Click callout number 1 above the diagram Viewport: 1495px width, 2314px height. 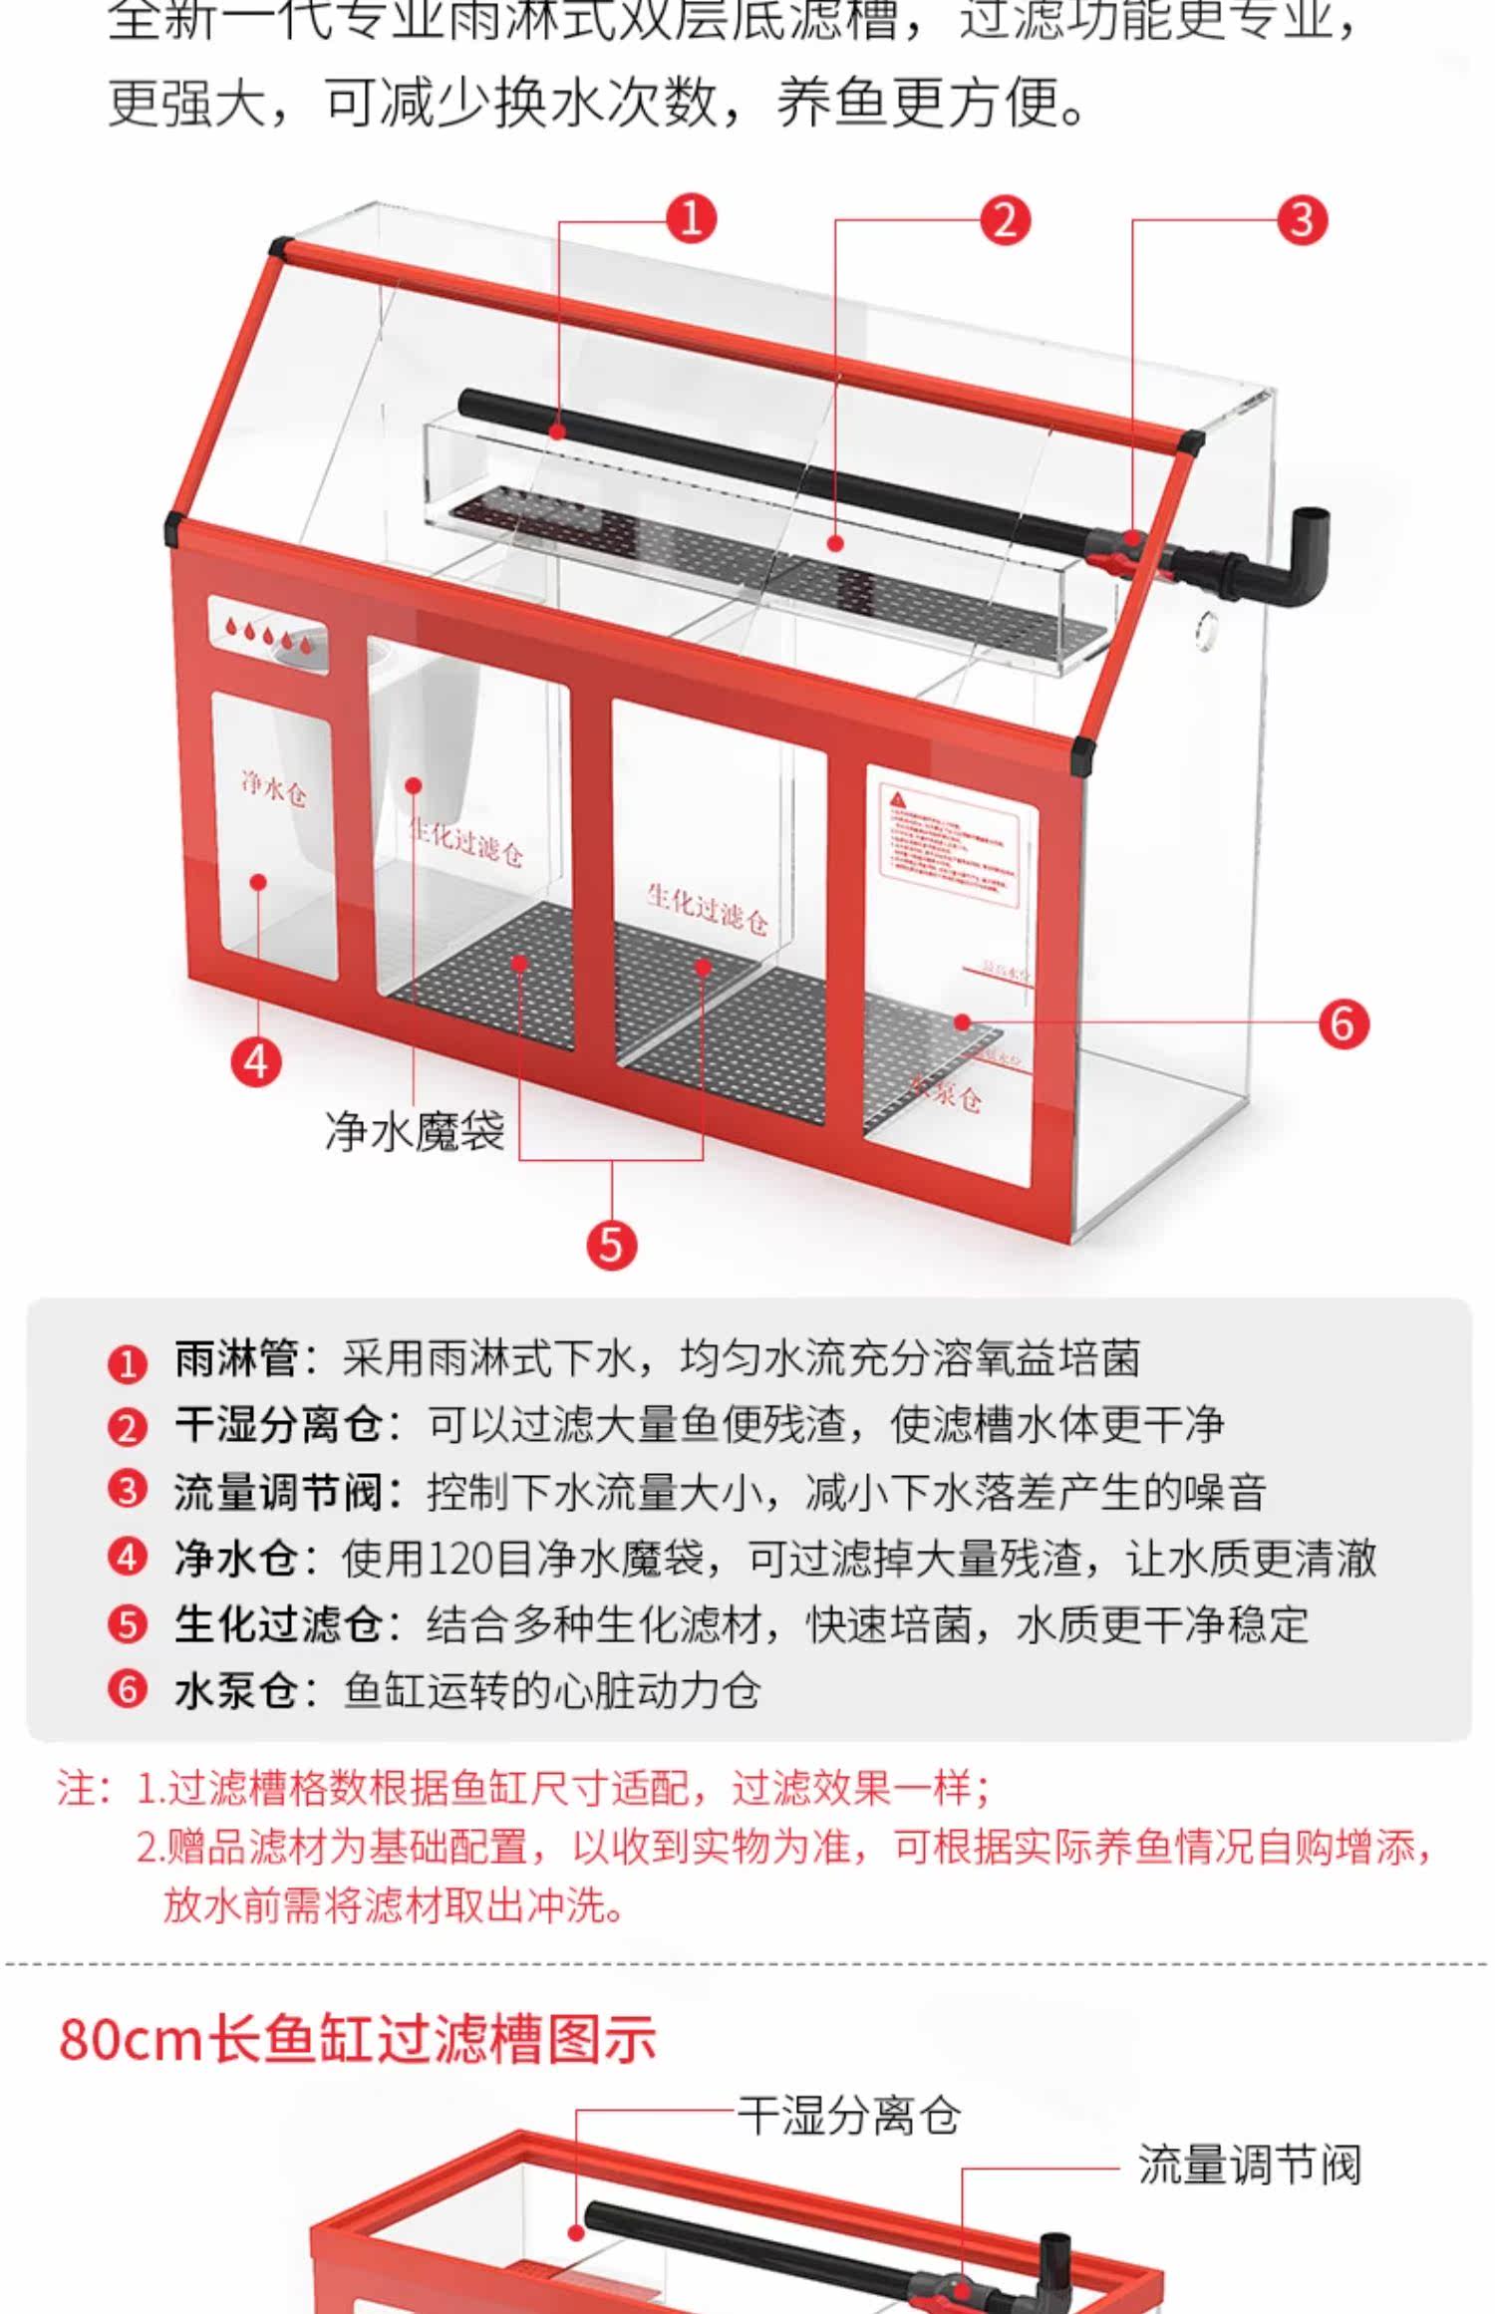pyautogui.click(x=691, y=218)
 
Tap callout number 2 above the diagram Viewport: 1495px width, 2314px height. pyautogui.click(x=1004, y=219)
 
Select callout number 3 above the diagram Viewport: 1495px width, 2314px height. pyautogui.click(x=1302, y=219)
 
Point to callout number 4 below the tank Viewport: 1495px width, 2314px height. pyautogui.click(x=256, y=1061)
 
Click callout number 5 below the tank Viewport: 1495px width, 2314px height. pyautogui.click(x=611, y=1245)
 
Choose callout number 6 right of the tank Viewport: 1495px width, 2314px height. pyautogui.click(x=1343, y=1023)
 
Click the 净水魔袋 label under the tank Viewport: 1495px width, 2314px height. pyautogui.click(x=415, y=1131)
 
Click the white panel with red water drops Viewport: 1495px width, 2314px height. pyautogui.click(x=268, y=635)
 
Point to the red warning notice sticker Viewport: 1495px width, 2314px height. pyautogui.click(x=950, y=845)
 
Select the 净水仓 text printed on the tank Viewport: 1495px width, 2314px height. pyautogui.click(x=273, y=788)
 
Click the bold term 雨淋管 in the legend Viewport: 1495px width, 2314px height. pyautogui.click(x=236, y=1359)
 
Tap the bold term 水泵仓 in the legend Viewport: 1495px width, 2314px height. pyautogui.click(x=236, y=1691)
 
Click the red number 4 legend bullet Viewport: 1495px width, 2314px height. pyautogui.click(x=127, y=1559)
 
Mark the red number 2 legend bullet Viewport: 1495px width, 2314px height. pyautogui.click(x=127, y=1427)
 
